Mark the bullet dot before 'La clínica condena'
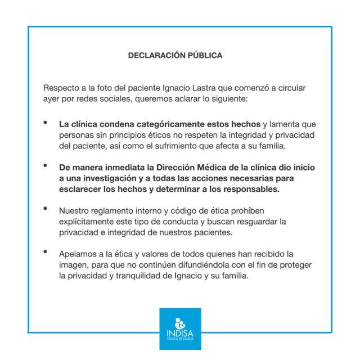tap(46, 123)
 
